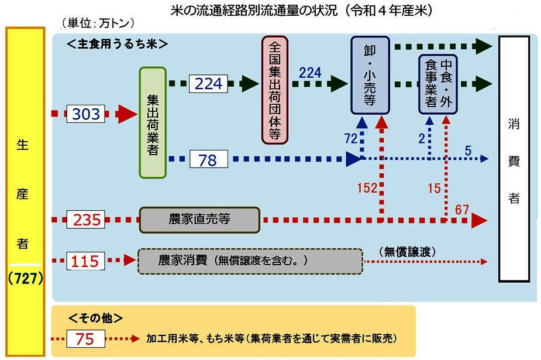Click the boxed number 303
click(87, 114)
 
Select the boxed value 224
click(208, 84)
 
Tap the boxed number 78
click(208, 159)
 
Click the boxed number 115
click(85, 260)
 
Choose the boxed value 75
click(85, 338)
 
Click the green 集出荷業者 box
click(153, 122)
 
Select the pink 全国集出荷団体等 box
click(276, 90)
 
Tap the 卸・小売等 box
click(370, 75)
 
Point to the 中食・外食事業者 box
click(439, 83)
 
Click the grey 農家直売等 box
click(199, 220)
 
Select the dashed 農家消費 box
click(250, 260)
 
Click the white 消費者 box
click(514, 160)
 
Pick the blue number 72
click(351, 139)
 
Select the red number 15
click(433, 188)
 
